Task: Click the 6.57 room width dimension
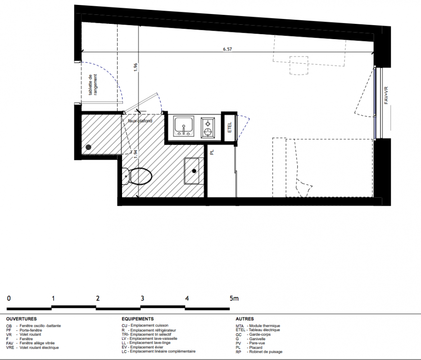[x=227, y=49]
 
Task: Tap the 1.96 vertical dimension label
[x=136, y=67]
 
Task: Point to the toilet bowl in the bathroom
[x=137, y=176]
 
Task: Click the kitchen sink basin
[x=184, y=126]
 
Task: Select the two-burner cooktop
[x=208, y=128]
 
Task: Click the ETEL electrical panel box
[x=230, y=127]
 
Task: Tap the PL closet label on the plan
[x=212, y=152]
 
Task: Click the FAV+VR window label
[x=386, y=95]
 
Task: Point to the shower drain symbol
[x=88, y=147]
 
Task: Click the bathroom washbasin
[x=191, y=171]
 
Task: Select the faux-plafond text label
[x=140, y=121]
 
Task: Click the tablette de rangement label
[x=93, y=85]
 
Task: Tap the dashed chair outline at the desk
[x=299, y=65]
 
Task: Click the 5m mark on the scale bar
[x=234, y=298]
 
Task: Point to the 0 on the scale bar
[x=9, y=298]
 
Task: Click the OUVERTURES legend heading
[x=22, y=319]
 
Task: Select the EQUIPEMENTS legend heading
[x=138, y=319]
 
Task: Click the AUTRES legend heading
[x=244, y=319]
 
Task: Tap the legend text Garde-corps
[x=260, y=334]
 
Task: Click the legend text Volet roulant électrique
[x=39, y=348]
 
